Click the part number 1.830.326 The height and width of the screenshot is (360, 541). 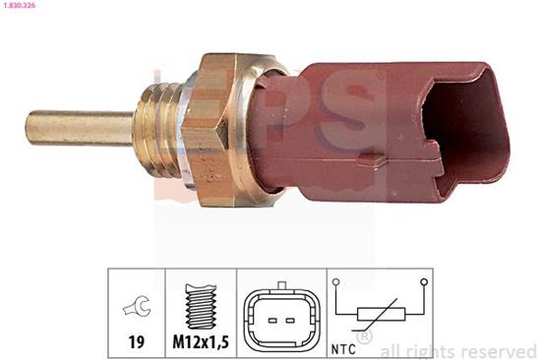pos(21,5)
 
